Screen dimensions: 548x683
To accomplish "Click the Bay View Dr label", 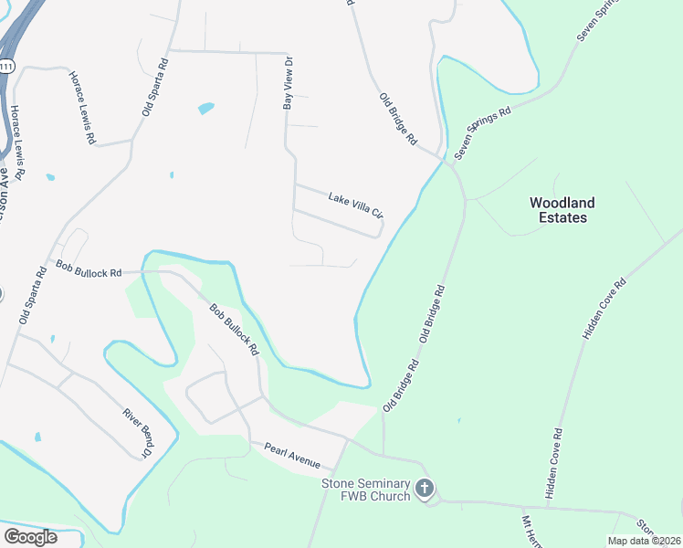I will click(x=288, y=84).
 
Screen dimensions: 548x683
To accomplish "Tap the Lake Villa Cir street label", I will click(x=355, y=205).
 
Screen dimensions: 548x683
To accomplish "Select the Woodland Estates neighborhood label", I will click(x=562, y=210).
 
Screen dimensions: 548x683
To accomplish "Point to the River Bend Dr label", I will click(x=138, y=433).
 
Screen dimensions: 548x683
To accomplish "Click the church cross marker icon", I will click(x=425, y=489).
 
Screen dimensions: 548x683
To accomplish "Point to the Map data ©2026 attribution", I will click(x=643, y=541).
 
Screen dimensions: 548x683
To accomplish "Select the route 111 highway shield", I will click(x=7, y=67).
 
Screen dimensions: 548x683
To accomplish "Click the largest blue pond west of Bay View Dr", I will click(x=205, y=109).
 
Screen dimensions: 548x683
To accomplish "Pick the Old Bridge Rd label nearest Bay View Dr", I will click(x=399, y=119).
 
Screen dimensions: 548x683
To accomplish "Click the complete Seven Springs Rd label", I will click(x=483, y=130).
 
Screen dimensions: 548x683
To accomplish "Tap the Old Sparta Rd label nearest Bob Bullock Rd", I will click(x=32, y=296).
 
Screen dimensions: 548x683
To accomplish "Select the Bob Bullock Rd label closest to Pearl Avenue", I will click(x=235, y=330).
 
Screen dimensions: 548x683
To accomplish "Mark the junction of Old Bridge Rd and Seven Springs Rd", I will click(x=450, y=163).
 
